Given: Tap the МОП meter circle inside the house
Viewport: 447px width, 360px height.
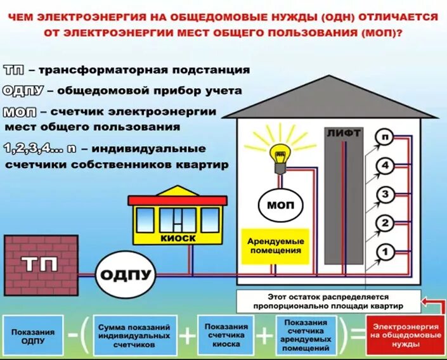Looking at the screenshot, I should pos(280,205).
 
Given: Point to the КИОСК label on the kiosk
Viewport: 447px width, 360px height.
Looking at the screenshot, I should pos(178,238).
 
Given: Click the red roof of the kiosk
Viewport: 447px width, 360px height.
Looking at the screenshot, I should pos(178,200).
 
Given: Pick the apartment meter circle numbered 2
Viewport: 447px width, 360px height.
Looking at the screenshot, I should pos(384,223).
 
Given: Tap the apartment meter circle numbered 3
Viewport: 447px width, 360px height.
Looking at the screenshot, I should pos(384,194).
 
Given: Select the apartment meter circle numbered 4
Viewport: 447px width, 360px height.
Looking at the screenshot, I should pos(384,166).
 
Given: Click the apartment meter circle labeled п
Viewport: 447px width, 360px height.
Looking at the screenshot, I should pos(384,137).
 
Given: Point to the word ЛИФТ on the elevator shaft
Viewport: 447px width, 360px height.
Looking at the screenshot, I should pos(344,133).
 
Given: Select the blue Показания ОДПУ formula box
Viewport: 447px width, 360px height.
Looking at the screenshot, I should pos(33,337).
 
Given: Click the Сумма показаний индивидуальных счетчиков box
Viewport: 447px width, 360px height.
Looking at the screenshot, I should pos(134,337).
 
